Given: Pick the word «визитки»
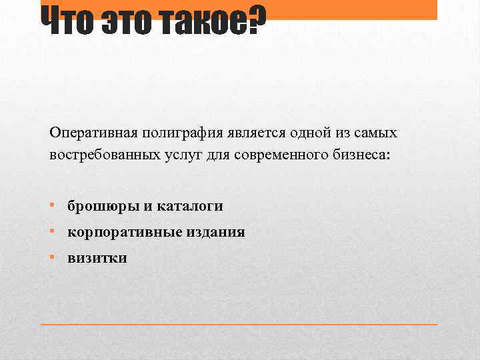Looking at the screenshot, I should pyautogui.click(x=97, y=258).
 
